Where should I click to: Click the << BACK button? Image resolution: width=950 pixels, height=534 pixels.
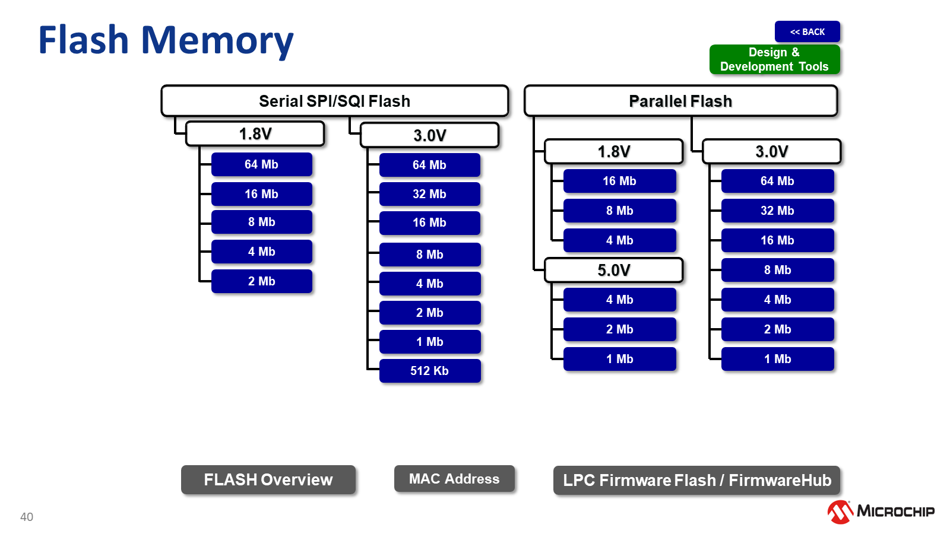[807, 32]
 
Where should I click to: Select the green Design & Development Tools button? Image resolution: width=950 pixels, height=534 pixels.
[774, 59]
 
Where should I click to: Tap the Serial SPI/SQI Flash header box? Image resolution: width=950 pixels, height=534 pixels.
[334, 101]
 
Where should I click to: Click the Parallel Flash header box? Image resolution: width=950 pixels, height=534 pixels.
[680, 101]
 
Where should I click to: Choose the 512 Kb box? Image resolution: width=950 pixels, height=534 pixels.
[429, 371]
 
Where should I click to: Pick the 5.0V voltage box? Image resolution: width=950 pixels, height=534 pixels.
[613, 271]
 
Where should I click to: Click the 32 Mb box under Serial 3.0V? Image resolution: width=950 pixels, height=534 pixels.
[429, 194]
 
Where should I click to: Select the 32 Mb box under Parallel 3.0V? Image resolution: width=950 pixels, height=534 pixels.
[777, 211]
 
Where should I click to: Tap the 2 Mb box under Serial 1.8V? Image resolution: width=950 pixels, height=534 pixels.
[261, 281]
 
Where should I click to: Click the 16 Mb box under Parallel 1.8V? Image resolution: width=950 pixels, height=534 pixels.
[619, 181]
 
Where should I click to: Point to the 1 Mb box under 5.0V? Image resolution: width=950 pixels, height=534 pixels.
[619, 359]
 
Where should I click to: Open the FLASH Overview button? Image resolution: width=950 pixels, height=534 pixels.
[268, 479]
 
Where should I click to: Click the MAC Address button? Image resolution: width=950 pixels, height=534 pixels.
[454, 479]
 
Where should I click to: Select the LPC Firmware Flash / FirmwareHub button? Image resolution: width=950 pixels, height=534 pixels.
[696, 480]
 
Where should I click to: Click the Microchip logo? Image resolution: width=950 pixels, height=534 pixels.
[881, 511]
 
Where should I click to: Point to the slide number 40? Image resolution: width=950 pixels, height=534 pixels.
[27, 517]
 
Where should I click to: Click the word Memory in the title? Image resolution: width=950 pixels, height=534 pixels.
[217, 40]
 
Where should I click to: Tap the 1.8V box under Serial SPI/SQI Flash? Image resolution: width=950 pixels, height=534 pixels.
[255, 134]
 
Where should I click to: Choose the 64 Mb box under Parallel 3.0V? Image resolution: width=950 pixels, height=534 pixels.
[777, 181]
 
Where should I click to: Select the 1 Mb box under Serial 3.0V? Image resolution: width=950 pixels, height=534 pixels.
[429, 342]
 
